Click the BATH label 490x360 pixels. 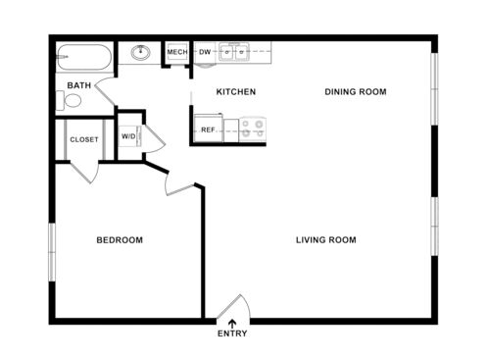(79, 85)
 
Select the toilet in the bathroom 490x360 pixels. (71, 100)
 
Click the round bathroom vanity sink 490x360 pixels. (139, 53)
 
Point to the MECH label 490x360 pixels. (177, 52)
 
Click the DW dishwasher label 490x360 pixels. (205, 52)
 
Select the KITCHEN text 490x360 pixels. (236, 92)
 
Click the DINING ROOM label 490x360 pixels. (356, 92)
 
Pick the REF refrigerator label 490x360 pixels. (208, 129)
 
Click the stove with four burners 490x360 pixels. (252, 129)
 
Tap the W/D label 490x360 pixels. (128, 136)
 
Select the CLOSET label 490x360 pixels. (84, 139)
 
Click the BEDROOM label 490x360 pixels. (120, 240)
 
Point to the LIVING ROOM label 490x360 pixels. (326, 240)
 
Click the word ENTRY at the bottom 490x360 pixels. (232, 334)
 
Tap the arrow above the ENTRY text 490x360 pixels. (232, 321)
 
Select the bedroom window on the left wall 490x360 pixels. (52, 252)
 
